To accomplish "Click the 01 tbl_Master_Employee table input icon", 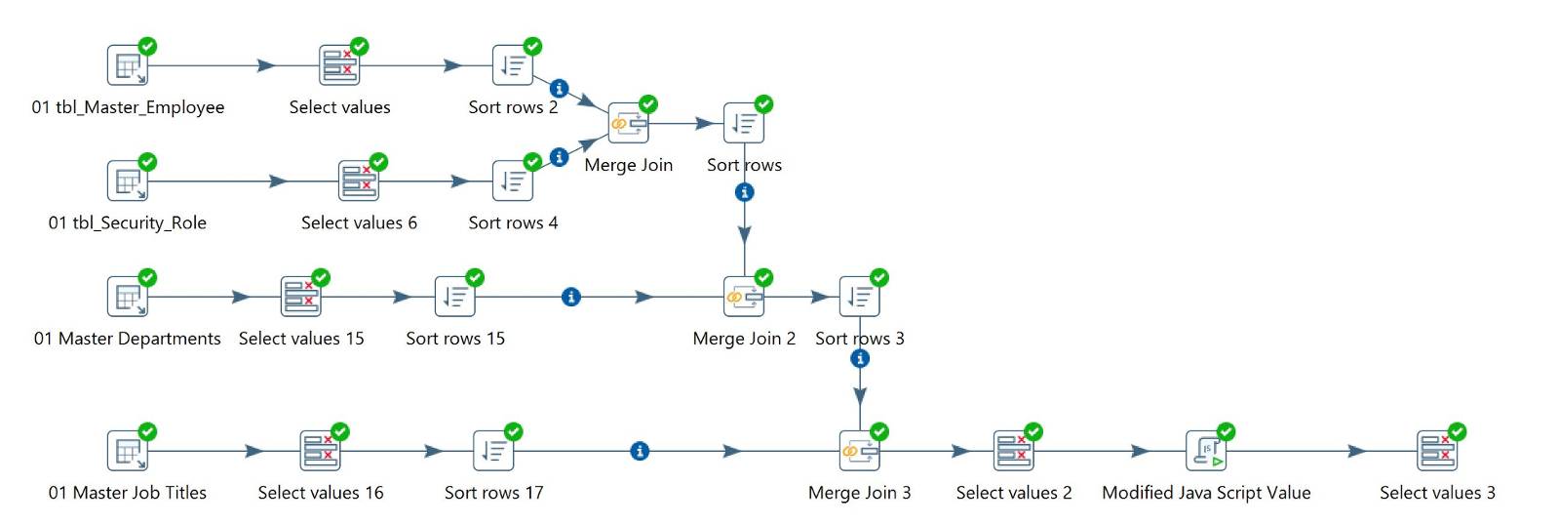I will point(127,65).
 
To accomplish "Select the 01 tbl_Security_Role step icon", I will point(127,181).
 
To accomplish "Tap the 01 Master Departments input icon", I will point(127,297).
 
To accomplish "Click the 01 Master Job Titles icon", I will point(127,451).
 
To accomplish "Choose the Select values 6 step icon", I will point(358,181).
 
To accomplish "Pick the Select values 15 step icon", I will point(300,297).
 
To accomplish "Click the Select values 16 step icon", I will point(320,451).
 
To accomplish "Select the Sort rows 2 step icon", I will point(512,65).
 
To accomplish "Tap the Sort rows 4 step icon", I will point(512,181).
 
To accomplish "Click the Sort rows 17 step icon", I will point(492,451).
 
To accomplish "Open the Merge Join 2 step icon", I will point(743,297).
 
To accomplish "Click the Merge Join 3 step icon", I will point(859,451).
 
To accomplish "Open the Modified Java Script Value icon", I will point(1206,451).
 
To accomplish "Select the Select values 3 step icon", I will point(1437,451).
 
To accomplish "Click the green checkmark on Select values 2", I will point(1033,431).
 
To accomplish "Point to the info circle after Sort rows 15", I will point(571,297).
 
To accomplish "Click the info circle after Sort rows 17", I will point(640,451).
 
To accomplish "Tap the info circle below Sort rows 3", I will point(859,359).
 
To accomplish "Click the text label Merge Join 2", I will point(744,339).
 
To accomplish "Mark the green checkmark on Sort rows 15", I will point(475,277).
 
